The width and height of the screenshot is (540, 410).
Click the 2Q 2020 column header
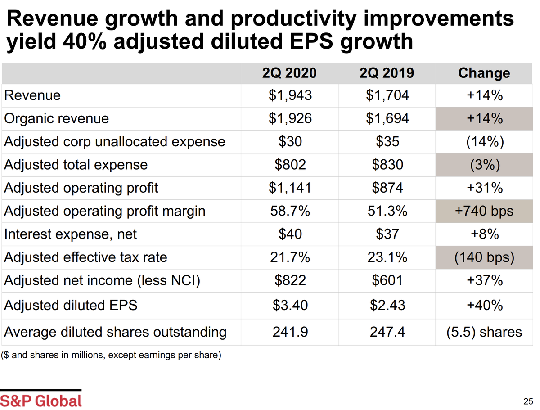coord(290,73)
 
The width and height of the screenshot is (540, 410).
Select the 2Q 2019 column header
coord(387,73)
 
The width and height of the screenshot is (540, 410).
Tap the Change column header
coord(484,73)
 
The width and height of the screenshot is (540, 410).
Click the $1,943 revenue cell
coord(290,95)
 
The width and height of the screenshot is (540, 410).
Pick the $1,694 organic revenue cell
coord(387,118)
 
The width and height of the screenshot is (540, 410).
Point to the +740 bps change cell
coord(484,211)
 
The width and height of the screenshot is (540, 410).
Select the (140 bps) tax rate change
coord(484,257)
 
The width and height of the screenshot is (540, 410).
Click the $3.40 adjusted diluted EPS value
coord(290,305)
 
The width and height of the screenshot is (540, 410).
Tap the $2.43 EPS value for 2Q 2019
coord(387,305)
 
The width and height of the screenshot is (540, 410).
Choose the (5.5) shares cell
coord(484,332)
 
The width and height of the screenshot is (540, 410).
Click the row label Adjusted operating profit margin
coord(104,211)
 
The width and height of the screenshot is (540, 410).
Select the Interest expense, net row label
coord(70,234)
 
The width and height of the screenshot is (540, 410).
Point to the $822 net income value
coord(290,280)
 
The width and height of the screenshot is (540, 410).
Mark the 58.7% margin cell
coord(290,211)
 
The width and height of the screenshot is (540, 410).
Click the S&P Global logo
coord(41,400)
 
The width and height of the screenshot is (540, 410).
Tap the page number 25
coord(528,401)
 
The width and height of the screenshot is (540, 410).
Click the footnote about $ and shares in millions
coord(111,355)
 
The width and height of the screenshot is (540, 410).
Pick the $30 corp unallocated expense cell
coord(290,141)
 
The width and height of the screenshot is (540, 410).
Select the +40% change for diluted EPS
coord(484,305)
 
